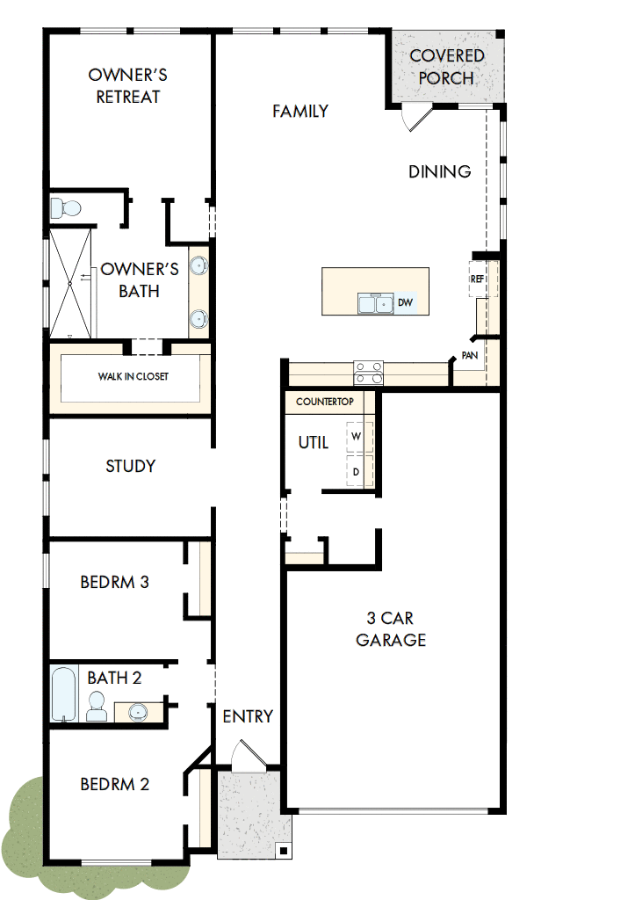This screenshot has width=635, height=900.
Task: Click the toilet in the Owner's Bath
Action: point(65,208)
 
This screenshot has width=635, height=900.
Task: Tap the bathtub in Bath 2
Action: point(63,694)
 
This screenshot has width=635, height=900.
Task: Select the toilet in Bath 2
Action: point(97,706)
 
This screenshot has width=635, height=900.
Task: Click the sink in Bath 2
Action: point(138,710)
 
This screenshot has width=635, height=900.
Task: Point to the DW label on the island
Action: point(405,303)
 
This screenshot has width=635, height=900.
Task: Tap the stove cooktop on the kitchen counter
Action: point(368,374)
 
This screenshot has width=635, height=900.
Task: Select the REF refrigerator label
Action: point(478,279)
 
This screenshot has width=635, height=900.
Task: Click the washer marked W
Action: point(357,436)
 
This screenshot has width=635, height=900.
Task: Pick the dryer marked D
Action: point(357,471)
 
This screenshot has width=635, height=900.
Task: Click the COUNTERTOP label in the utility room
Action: point(324,402)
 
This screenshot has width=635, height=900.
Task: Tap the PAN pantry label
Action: point(470,356)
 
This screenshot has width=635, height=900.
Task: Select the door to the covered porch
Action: point(415,118)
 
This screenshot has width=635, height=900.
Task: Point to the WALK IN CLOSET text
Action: point(133,376)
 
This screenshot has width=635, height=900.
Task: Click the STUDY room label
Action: point(130,466)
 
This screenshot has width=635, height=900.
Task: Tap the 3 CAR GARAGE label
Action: point(391,628)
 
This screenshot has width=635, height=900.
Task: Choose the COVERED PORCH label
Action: point(447,67)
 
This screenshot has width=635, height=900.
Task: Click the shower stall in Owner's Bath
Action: point(70,281)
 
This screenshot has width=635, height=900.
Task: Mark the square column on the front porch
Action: point(283,850)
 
